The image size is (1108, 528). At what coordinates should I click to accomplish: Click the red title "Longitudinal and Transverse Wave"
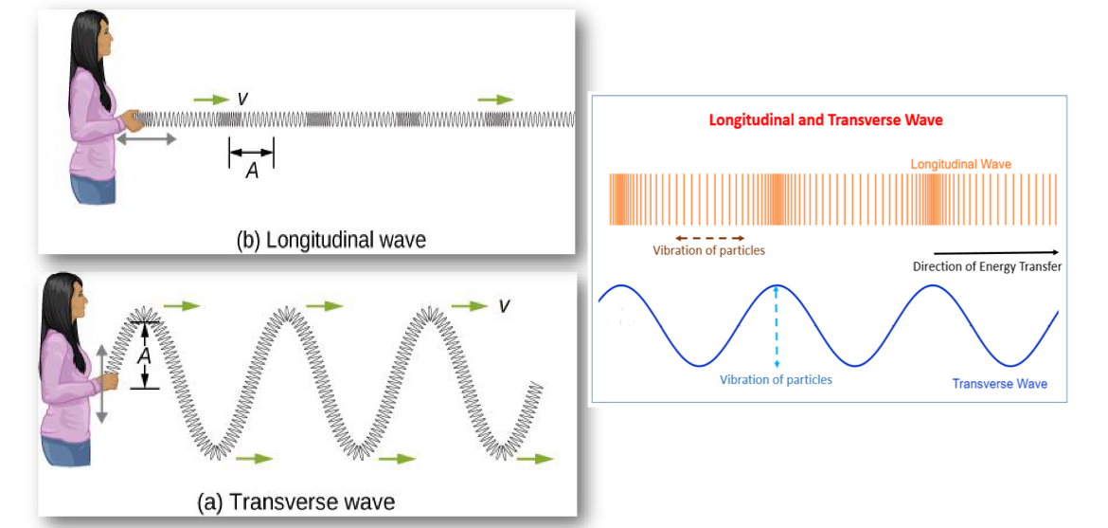(x=826, y=120)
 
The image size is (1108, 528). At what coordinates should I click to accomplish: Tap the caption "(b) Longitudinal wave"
(x=331, y=240)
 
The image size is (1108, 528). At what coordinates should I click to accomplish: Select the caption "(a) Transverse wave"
(x=296, y=502)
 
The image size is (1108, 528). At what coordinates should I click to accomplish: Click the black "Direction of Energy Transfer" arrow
(x=996, y=252)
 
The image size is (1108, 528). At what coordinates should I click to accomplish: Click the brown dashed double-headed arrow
(x=709, y=238)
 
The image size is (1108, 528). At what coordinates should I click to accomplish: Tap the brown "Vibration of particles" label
(x=708, y=250)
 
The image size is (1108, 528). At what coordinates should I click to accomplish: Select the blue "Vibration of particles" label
(x=776, y=379)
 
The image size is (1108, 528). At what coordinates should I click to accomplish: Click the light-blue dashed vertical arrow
(x=776, y=326)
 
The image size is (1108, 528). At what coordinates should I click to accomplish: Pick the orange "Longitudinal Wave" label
(x=961, y=163)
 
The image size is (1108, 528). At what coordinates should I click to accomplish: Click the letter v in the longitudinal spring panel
(x=242, y=99)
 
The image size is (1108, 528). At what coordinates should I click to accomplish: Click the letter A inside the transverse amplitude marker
(x=144, y=356)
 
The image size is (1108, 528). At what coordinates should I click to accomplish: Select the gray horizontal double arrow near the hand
(x=146, y=139)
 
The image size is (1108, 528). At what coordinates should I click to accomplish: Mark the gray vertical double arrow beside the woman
(x=101, y=384)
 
